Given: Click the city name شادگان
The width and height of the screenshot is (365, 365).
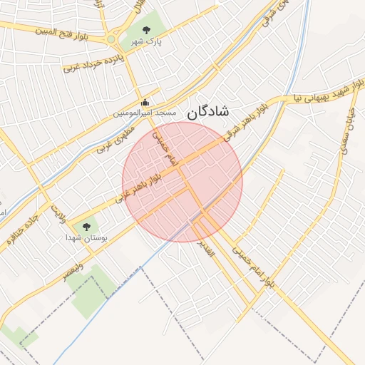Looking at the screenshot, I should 207,111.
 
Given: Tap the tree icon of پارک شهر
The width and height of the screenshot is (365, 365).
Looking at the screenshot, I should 146,31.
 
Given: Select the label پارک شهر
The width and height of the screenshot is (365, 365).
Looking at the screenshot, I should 146,42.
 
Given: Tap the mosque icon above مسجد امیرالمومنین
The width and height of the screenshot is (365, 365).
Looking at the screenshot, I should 146,102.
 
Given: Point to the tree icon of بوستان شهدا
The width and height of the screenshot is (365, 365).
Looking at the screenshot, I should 87,227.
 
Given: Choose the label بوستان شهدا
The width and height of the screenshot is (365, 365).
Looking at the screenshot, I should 86,237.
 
